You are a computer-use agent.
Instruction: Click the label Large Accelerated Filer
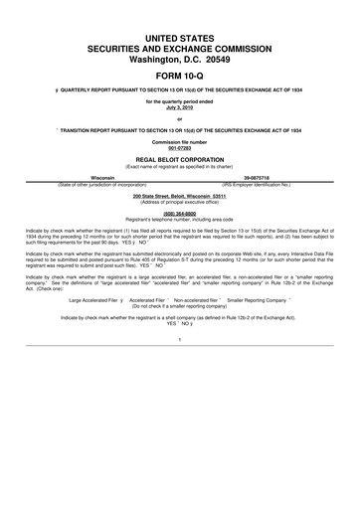click(x=93, y=297)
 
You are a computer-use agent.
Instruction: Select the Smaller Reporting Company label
click(x=264, y=297)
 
